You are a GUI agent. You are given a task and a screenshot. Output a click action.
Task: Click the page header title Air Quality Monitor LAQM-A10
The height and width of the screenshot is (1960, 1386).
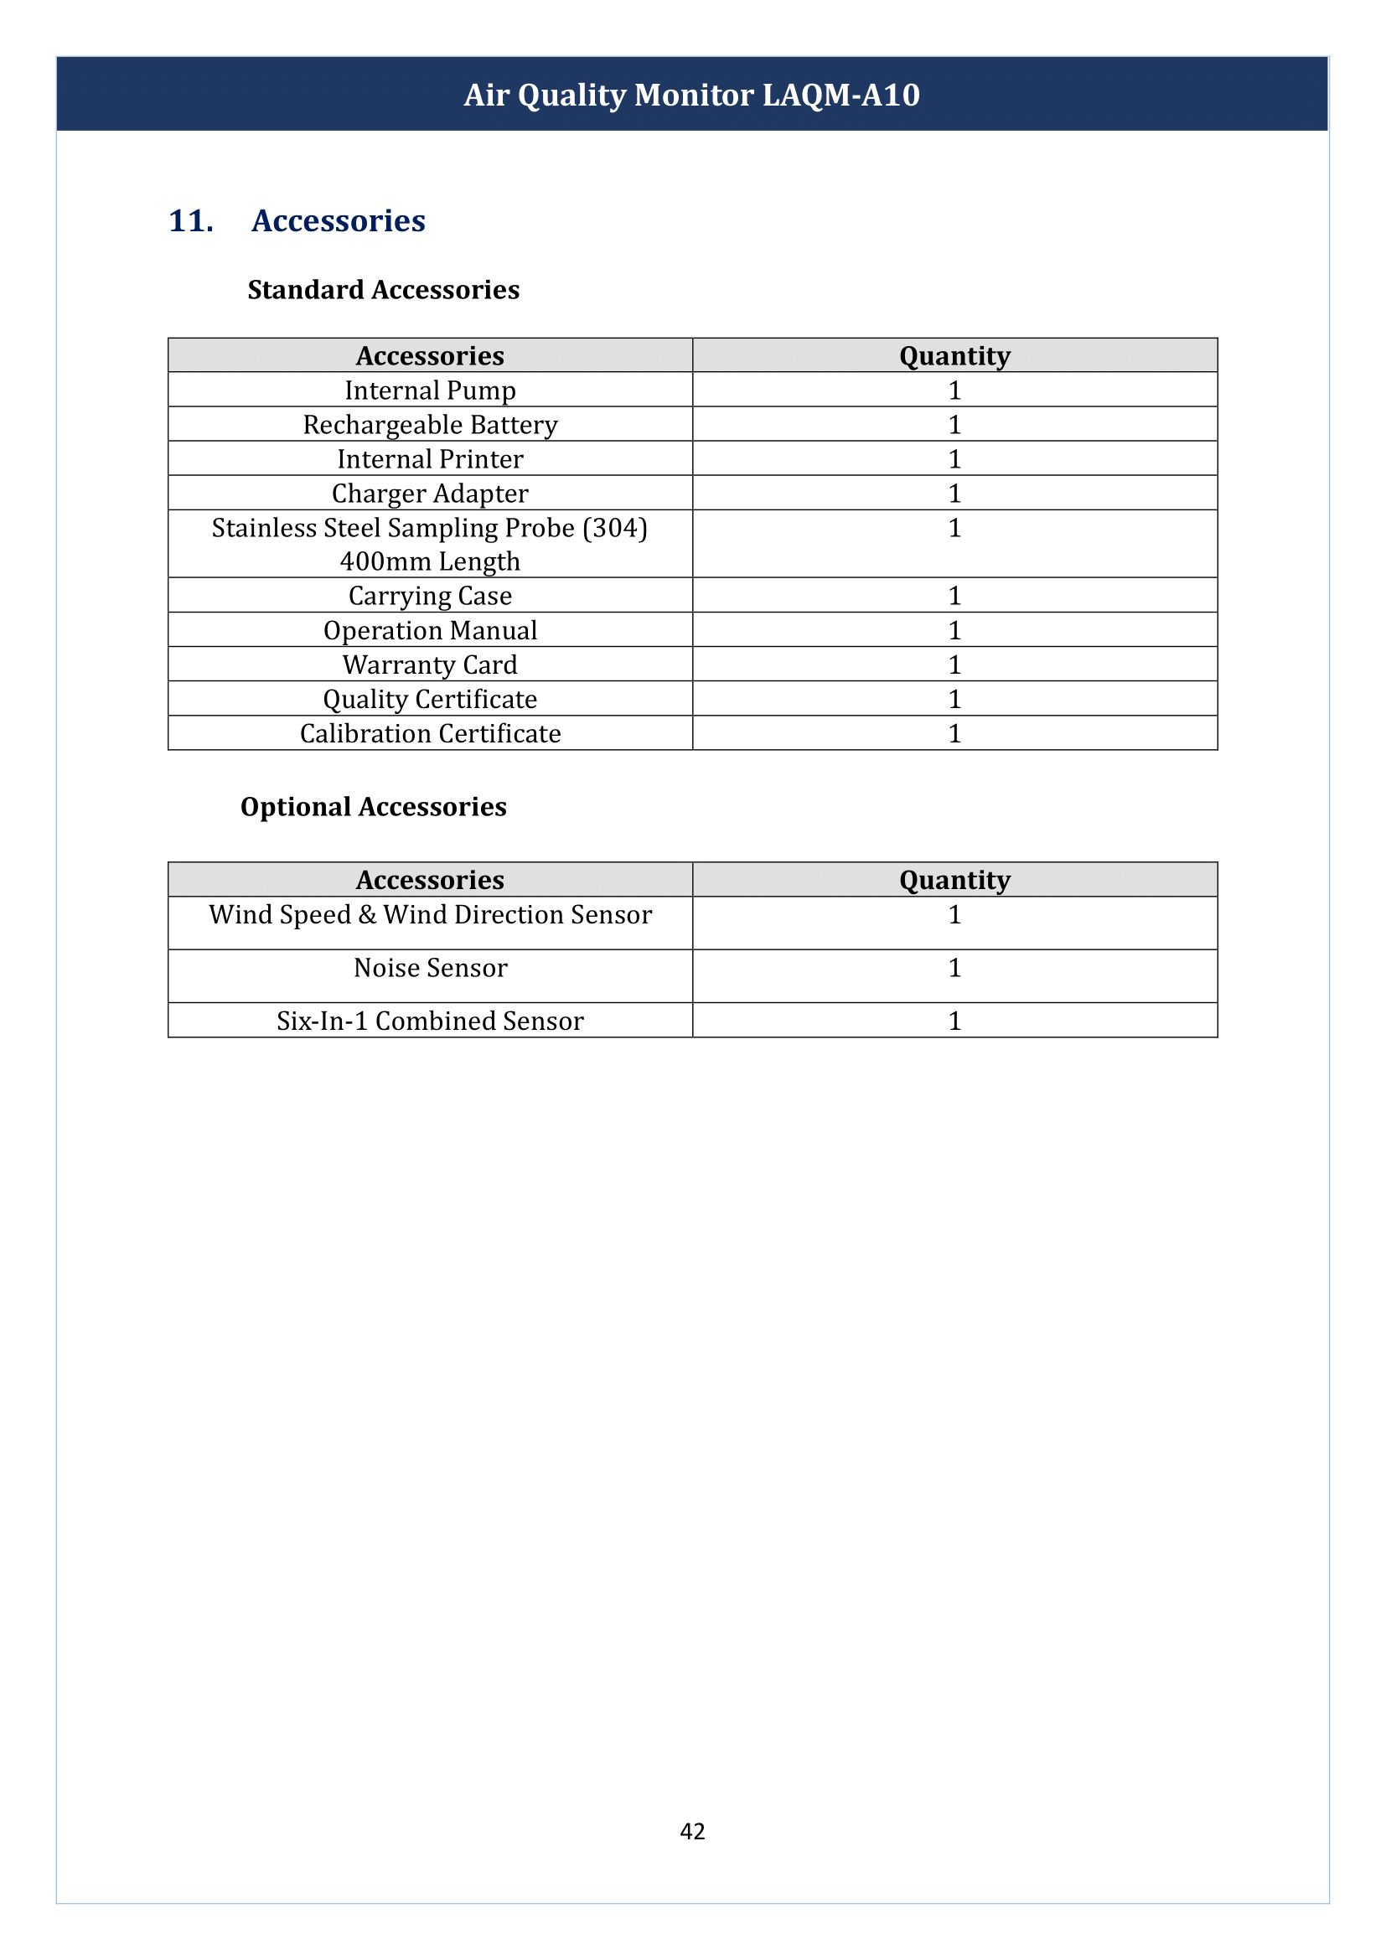691,95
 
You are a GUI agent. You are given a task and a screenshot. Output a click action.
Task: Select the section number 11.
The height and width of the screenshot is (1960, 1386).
191,221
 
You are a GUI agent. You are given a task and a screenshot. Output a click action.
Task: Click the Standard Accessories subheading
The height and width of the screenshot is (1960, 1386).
383,290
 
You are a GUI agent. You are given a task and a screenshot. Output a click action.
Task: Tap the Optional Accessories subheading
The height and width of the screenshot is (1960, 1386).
373,807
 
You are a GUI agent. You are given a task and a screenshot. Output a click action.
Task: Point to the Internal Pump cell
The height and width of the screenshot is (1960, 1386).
430,390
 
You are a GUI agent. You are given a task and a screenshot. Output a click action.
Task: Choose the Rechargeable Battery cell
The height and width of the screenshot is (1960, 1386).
430,424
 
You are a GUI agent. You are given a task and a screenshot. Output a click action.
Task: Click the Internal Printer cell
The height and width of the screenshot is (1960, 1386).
430,459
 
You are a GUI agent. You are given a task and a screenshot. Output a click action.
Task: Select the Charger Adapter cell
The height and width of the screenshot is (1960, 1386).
430,494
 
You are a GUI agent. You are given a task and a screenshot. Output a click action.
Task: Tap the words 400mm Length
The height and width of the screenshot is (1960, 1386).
430,561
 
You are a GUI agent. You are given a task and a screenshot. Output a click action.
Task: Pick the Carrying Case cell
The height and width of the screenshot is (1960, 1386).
430,596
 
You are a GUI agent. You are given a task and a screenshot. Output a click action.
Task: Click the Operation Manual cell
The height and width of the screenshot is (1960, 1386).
430,630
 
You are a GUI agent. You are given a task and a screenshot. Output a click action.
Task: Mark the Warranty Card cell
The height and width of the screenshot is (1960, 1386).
430,665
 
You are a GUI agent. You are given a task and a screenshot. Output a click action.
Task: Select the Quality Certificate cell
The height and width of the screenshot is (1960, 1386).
430,699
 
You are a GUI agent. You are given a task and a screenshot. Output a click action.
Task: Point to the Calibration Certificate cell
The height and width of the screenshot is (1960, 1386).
430,733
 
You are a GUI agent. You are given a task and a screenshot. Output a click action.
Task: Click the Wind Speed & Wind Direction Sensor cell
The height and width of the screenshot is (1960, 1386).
430,915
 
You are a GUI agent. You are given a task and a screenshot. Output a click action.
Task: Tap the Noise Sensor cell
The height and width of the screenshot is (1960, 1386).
430,968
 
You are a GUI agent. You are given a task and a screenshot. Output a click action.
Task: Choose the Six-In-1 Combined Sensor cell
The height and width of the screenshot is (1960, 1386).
430,1021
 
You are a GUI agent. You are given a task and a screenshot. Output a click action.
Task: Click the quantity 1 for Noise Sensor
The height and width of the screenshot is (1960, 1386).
954,968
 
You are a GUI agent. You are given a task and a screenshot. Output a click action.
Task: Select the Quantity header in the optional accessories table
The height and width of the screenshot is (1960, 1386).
954,880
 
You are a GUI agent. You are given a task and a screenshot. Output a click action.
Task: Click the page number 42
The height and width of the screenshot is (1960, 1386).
692,1831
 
